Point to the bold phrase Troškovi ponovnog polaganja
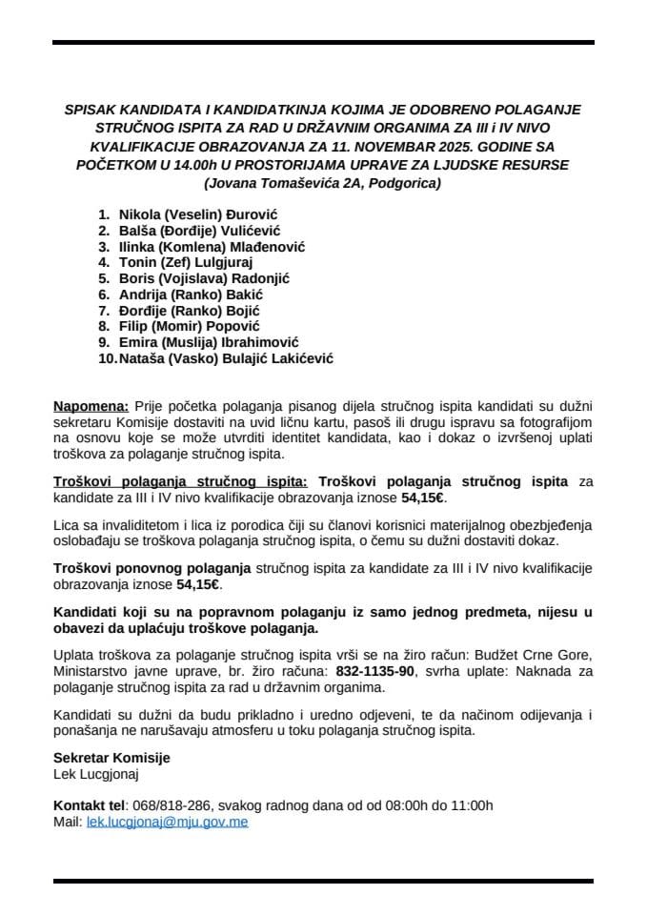click(x=152, y=568)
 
